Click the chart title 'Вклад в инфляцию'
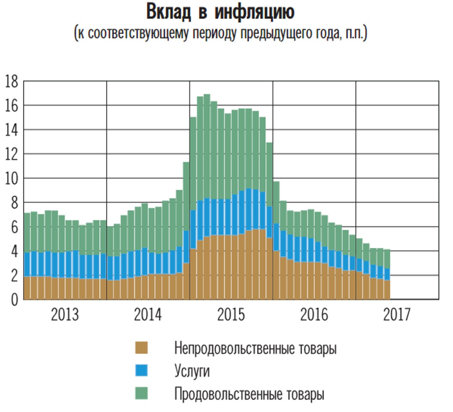(x=220, y=12)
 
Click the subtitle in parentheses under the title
(x=220, y=33)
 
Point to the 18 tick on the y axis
(x=12, y=81)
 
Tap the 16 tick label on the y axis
(x=12, y=106)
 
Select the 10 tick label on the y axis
(x=12, y=178)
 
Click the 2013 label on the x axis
(x=65, y=315)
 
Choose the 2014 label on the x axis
(x=148, y=315)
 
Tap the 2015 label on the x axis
(x=231, y=315)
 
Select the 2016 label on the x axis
(x=314, y=315)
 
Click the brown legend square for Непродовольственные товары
(x=142, y=348)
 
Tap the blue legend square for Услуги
(x=142, y=370)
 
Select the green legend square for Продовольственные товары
(x=142, y=393)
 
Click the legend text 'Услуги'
(x=192, y=371)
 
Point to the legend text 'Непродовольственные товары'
(x=255, y=348)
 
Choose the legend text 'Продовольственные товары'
(x=249, y=394)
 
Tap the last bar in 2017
(x=386, y=275)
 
